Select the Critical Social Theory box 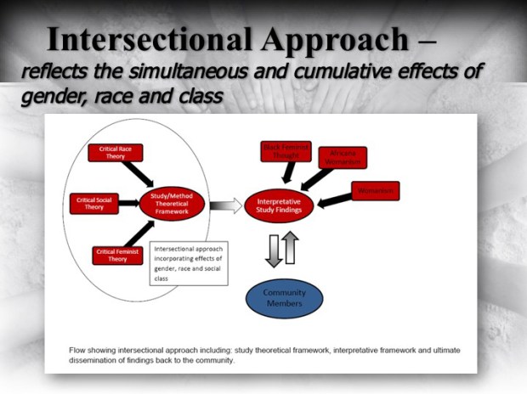93,205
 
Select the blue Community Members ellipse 284,298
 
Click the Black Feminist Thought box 285,151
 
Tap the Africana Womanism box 343,157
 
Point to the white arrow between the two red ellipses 224,205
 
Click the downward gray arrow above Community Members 273,249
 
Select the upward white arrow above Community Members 292,249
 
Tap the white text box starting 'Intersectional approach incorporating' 188,262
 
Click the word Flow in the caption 79,349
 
